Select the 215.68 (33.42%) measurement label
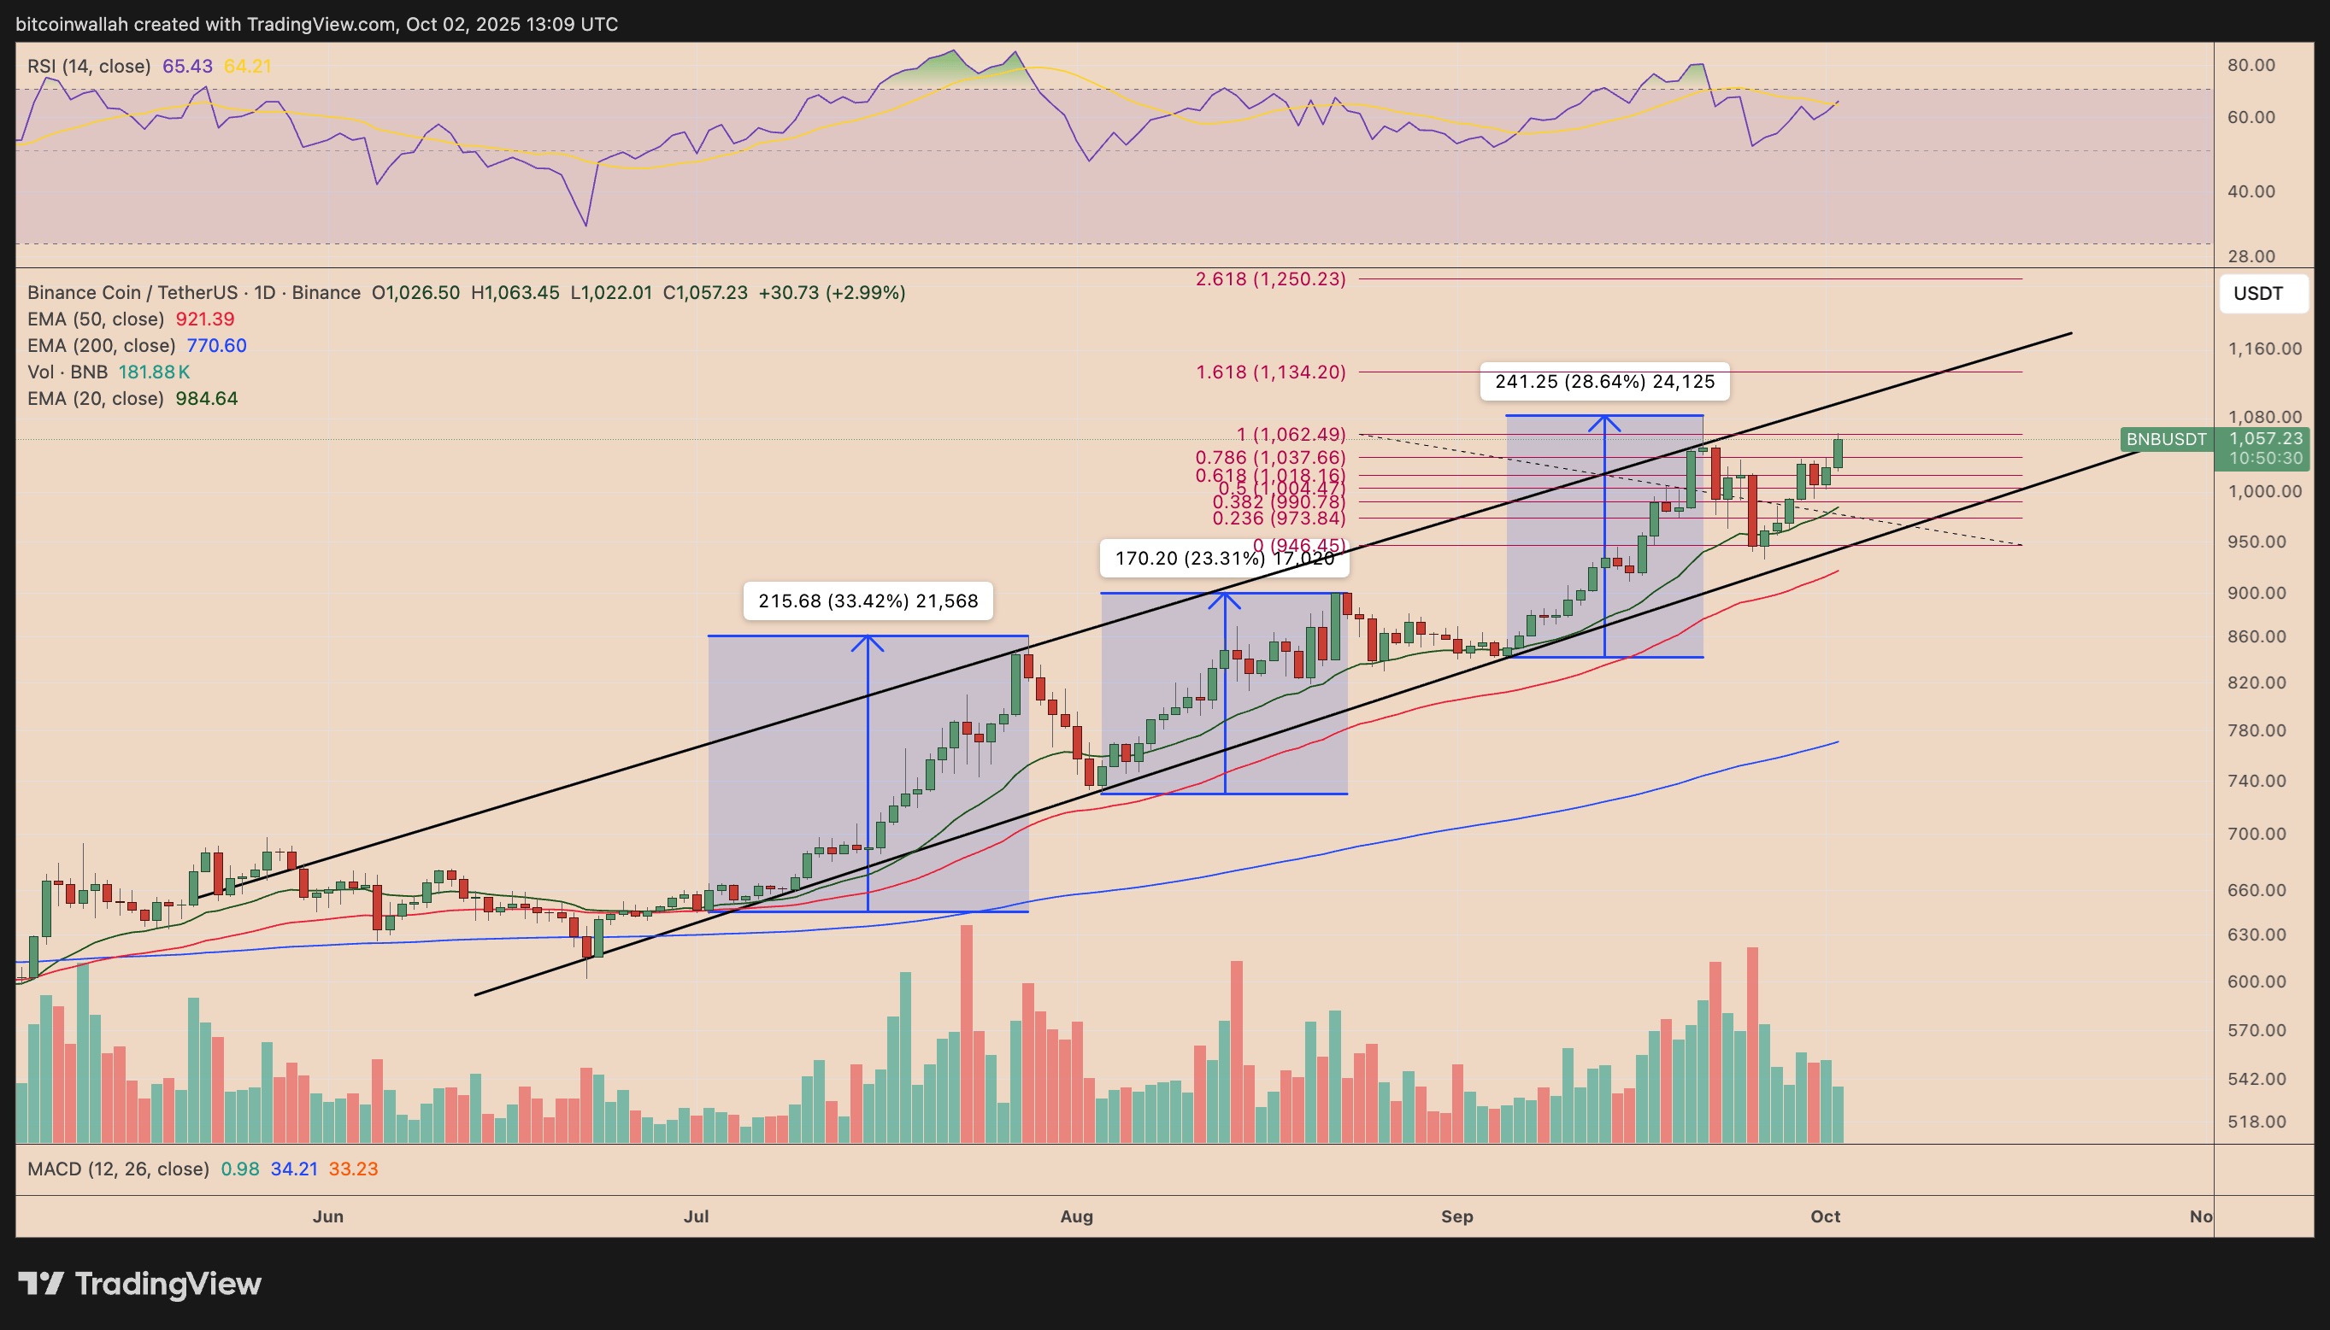point(867,601)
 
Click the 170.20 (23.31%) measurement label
point(1223,558)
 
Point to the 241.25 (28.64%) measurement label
point(1603,382)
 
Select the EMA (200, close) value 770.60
point(216,345)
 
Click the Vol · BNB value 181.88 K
point(154,372)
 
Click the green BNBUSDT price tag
point(2166,439)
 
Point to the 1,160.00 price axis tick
point(2263,348)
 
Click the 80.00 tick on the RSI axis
point(2251,65)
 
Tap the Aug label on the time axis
point(1076,1216)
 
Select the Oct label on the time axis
point(1825,1216)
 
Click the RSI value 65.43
point(187,66)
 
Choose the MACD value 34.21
point(293,1169)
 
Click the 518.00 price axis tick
point(2256,1122)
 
